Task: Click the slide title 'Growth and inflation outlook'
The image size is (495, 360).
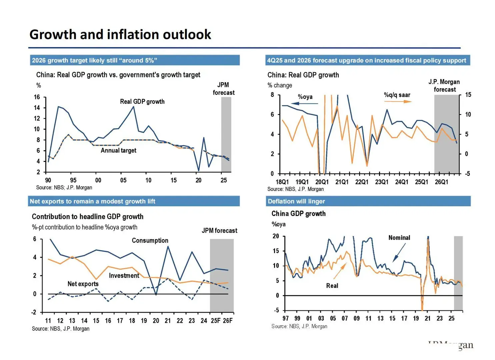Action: pyautogui.click(x=120, y=34)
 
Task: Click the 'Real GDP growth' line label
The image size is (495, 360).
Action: pyautogui.click(x=142, y=101)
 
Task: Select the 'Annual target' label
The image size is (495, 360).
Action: pyautogui.click(x=118, y=150)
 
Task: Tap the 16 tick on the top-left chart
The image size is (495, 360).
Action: pyautogui.click(x=37, y=97)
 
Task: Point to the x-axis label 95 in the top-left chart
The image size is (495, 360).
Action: pyautogui.click(x=73, y=180)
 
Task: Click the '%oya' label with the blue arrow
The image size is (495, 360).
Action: pyautogui.click(x=305, y=97)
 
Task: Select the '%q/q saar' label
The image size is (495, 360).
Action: pyautogui.click(x=397, y=95)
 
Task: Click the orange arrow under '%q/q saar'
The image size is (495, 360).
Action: pyautogui.click(x=398, y=101)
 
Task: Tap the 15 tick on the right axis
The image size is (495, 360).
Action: pyautogui.click(x=468, y=95)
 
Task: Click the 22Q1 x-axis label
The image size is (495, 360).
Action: pyautogui.click(x=362, y=182)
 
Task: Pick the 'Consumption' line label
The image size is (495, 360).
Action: pyautogui.click(x=150, y=240)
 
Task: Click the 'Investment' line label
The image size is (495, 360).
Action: pyautogui.click(x=124, y=275)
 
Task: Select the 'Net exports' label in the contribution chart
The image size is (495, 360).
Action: pyautogui.click(x=83, y=284)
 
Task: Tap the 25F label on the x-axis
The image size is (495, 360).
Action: pyautogui.click(x=216, y=321)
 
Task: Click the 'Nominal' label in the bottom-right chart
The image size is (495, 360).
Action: pyautogui.click(x=399, y=238)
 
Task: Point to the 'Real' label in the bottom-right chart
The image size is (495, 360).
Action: pyautogui.click(x=332, y=286)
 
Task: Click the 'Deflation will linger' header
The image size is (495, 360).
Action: pyautogui.click(x=296, y=201)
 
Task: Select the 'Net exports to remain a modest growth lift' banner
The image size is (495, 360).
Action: pyautogui.click(x=92, y=201)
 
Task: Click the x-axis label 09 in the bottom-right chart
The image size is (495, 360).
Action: pyautogui.click(x=356, y=318)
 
